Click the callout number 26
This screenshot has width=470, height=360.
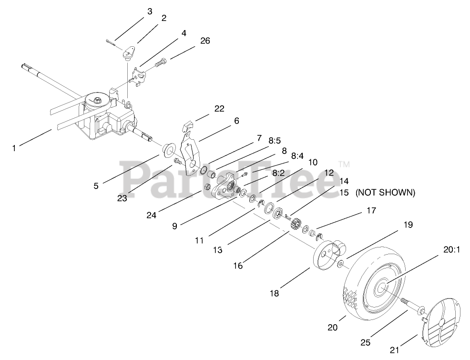click(x=205, y=41)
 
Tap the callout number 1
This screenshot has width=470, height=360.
click(x=14, y=148)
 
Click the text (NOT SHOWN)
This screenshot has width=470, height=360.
click(x=385, y=193)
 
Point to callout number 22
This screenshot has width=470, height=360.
click(x=219, y=108)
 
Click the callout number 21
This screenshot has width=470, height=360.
click(x=394, y=350)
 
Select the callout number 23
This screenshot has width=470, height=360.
click(x=122, y=198)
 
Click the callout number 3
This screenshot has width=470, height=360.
click(x=150, y=11)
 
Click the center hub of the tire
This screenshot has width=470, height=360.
click(x=382, y=287)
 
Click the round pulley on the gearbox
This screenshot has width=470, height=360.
click(x=97, y=101)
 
